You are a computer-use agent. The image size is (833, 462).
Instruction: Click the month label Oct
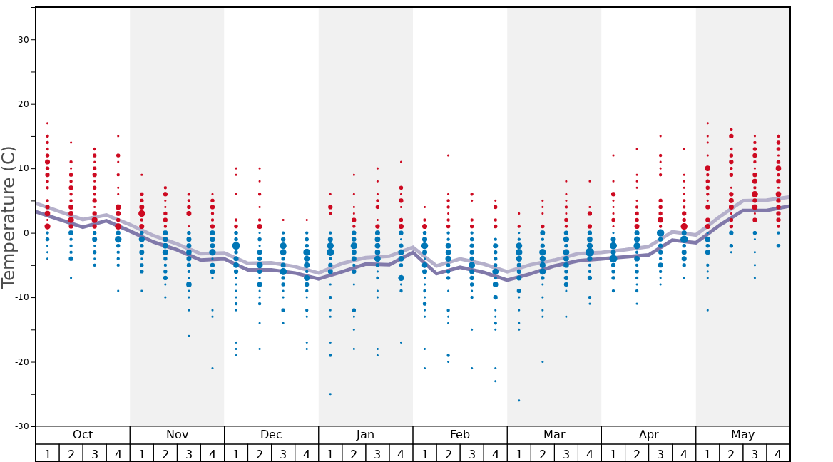point(83,435)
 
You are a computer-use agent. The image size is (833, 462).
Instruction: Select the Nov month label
point(177,435)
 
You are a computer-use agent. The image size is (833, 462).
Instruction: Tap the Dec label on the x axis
point(271,435)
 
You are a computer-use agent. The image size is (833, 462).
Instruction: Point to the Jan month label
point(365,435)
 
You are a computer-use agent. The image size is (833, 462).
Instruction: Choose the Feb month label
point(460,435)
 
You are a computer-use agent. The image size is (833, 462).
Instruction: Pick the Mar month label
point(554,435)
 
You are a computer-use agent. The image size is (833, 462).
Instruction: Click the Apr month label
point(648,435)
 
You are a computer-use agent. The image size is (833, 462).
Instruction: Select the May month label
point(742,435)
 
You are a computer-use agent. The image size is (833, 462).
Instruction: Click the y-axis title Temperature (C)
point(9,217)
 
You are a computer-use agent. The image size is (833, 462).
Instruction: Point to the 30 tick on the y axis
point(24,40)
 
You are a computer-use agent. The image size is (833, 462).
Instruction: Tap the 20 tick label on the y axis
point(24,104)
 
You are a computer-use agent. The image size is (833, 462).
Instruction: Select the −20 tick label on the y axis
point(21,362)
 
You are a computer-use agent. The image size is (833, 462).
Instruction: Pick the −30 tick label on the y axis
point(21,426)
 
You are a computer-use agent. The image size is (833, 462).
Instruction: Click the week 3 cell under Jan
point(377,453)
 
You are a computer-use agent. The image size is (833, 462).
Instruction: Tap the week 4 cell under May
point(778,453)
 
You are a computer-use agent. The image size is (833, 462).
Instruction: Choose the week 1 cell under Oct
point(47,453)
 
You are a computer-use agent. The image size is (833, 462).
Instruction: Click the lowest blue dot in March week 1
point(518,401)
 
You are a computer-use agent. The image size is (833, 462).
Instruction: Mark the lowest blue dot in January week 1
point(330,394)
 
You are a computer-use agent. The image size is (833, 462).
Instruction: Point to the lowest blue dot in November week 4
point(213,369)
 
